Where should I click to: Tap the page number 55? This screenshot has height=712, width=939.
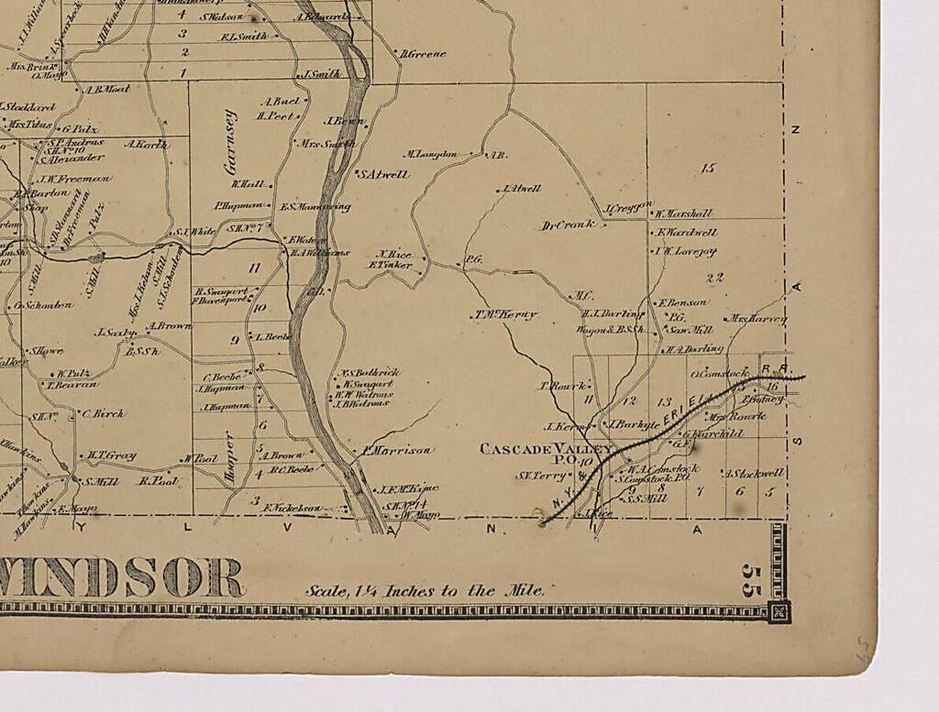pos(752,580)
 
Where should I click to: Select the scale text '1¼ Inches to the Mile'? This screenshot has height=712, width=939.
pos(425,591)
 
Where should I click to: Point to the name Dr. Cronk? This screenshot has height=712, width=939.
pos(569,225)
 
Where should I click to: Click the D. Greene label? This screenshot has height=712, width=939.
pos(424,54)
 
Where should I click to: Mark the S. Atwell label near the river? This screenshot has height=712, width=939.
pos(383,174)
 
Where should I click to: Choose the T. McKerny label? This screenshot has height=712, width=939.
pos(504,314)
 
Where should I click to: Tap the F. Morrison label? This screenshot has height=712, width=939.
pos(396,450)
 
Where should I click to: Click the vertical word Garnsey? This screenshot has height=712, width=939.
pos(230,143)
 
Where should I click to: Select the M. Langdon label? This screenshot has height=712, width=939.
pos(431,154)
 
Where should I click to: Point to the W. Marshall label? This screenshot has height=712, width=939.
pos(683,214)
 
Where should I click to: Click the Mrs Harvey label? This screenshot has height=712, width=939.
pos(757,319)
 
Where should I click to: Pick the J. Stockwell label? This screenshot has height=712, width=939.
pos(756,474)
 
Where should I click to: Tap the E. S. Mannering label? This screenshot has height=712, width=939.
pos(315,207)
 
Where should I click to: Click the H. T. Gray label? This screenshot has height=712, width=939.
pos(112,455)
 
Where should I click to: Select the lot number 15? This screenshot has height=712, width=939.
pos(707,168)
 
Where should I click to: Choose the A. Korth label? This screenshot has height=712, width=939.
pos(147,144)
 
